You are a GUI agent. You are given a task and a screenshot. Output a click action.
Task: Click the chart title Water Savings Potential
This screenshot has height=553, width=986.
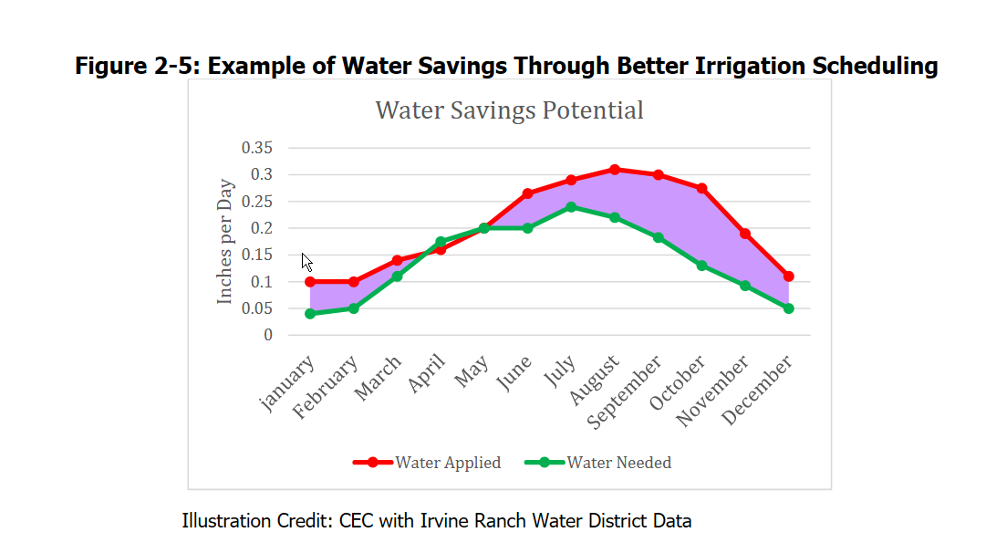(x=509, y=110)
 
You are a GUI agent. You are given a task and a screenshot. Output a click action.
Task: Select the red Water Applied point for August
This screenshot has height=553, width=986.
(x=615, y=170)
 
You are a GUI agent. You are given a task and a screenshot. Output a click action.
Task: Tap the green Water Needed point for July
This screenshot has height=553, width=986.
(x=571, y=207)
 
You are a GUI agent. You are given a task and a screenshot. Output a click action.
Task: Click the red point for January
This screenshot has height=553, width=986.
(x=310, y=282)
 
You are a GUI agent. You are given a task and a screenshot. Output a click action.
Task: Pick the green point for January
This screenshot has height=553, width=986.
(x=310, y=314)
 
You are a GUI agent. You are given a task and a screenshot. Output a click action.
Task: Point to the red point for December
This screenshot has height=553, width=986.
(x=788, y=276)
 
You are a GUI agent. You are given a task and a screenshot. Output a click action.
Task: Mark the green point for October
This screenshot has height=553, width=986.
(x=701, y=266)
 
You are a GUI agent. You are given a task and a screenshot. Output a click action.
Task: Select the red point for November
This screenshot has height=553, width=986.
(x=745, y=234)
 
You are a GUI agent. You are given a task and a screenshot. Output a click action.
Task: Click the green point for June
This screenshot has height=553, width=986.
(x=527, y=228)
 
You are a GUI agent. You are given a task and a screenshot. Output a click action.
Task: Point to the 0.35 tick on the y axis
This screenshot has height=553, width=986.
(x=257, y=148)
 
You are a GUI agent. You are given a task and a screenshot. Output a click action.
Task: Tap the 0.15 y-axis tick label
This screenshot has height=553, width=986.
(x=257, y=255)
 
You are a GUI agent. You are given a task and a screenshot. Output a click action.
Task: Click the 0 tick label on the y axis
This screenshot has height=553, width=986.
(x=268, y=335)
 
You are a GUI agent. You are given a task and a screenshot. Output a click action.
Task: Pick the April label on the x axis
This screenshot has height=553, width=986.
(x=428, y=374)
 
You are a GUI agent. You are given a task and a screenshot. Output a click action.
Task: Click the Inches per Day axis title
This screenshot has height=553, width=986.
(x=225, y=241)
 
